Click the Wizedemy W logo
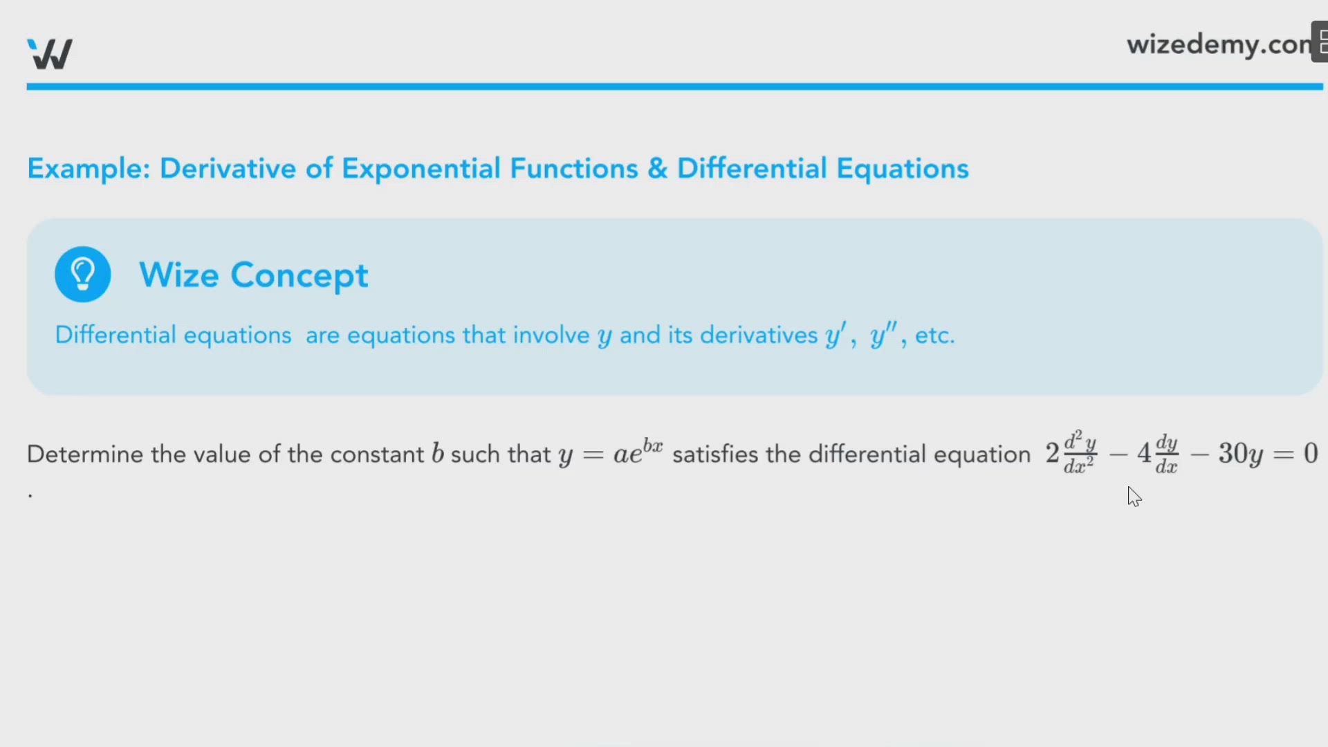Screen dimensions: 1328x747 (x=50, y=53)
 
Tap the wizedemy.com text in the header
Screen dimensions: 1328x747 (x=1219, y=45)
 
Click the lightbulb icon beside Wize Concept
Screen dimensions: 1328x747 (x=83, y=275)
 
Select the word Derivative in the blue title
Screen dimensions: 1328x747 (x=228, y=169)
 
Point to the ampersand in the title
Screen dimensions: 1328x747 (x=657, y=169)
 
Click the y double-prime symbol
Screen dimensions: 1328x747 (x=883, y=335)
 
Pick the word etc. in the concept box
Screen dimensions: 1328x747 (x=934, y=335)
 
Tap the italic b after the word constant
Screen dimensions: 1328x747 (x=437, y=453)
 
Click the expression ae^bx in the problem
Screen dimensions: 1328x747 (x=638, y=452)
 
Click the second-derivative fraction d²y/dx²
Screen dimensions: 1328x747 (x=1079, y=452)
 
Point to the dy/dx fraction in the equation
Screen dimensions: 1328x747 (x=1166, y=454)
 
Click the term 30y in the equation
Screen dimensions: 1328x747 (x=1241, y=454)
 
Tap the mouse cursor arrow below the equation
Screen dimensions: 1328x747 (x=1134, y=496)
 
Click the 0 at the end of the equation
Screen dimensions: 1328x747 (x=1311, y=454)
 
